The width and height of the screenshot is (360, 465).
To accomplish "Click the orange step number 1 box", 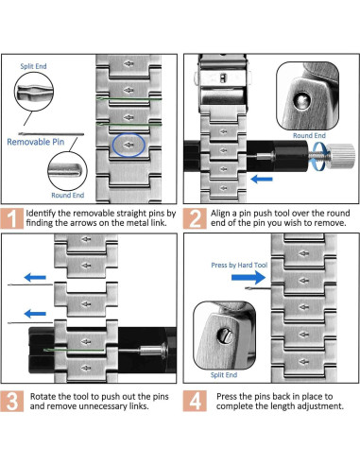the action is [12, 218].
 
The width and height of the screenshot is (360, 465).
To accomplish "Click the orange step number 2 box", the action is [195, 218].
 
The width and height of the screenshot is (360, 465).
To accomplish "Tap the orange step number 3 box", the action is [12, 401].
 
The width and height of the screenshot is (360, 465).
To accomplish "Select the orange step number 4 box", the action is [195, 401].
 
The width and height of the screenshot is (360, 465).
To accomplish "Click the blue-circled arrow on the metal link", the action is [129, 145].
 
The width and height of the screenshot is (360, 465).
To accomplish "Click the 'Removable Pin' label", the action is [36, 142].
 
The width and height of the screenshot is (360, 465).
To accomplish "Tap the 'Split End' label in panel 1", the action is [33, 66].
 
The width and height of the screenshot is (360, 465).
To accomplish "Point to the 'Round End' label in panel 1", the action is [68, 195].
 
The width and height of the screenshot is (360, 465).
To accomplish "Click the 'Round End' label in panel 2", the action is [309, 135].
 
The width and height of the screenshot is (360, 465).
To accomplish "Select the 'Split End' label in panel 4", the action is [224, 375].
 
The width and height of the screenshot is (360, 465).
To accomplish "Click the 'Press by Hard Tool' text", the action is [239, 265].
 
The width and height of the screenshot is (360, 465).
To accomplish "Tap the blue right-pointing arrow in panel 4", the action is [249, 278].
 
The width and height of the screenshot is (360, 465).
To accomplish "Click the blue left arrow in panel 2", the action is [262, 180].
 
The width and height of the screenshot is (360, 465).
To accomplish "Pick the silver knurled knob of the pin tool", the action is [342, 154].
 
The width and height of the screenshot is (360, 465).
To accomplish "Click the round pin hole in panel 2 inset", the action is [301, 100].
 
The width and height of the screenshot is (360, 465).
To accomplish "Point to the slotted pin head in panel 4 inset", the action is [225, 336].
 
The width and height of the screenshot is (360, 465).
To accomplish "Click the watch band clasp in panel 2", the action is [223, 82].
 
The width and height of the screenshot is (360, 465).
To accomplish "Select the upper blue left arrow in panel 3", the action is [35, 278].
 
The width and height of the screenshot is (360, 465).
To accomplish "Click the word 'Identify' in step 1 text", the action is [41, 214].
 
